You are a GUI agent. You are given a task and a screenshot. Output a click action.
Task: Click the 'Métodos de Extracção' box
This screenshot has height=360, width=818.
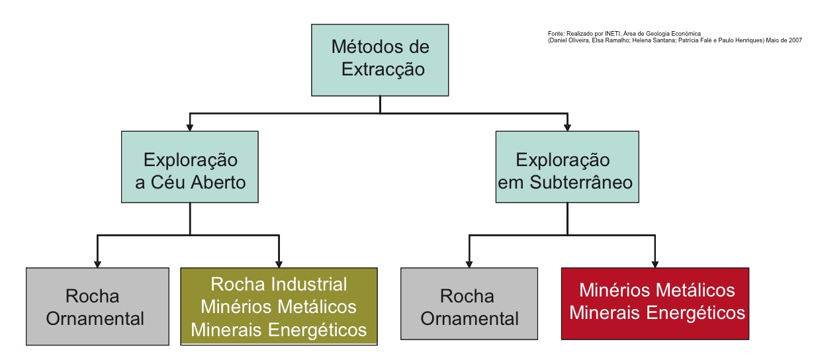[380, 60]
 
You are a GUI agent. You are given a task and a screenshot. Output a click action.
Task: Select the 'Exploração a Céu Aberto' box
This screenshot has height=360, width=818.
[190, 167]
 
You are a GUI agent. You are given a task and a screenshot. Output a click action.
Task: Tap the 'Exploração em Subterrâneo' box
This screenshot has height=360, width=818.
[567, 167]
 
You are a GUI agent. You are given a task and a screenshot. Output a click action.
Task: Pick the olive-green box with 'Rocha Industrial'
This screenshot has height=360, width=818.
[279, 306]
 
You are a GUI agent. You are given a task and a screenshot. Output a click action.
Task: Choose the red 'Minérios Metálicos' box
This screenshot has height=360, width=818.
[655, 303]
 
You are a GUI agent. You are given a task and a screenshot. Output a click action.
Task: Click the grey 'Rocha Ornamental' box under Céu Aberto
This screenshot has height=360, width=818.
[97, 306]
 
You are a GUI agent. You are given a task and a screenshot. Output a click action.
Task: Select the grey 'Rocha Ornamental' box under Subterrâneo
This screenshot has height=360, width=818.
[469, 303]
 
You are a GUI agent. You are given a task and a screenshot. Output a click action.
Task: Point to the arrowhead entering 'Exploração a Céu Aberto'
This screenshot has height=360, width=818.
[190, 126]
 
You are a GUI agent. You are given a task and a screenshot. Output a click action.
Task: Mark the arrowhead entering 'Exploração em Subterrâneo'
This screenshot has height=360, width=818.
[567, 126]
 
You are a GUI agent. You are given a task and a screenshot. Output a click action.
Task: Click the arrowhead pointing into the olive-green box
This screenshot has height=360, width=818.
[279, 263]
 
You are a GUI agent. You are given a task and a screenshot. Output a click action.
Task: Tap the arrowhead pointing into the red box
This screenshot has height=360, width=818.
[655, 263]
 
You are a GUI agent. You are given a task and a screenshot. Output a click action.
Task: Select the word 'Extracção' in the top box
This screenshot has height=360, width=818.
[383, 69]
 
